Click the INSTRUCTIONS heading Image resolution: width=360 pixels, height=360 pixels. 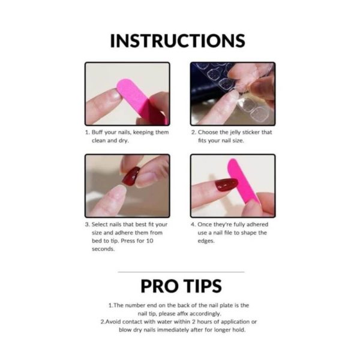click(178, 41)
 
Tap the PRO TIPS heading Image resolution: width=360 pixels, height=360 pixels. click(181, 286)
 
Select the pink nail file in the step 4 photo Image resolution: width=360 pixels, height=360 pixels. click(244, 181)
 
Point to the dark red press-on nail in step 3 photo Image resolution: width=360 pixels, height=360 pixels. click(131, 176)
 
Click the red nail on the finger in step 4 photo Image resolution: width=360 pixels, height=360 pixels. click(227, 185)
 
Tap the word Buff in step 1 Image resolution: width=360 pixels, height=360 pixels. click(97, 132)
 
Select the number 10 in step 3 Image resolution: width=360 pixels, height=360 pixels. click(149, 241)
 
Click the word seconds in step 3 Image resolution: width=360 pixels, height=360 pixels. click(103, 249)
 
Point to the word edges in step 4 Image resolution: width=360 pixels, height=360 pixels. click(206, 241)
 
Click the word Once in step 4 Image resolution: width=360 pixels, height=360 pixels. click(205, 224)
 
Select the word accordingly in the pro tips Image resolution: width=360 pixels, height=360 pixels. click(206, 314)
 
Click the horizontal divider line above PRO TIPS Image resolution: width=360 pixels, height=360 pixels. click(181, 272)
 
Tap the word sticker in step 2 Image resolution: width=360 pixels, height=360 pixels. click(251, 132)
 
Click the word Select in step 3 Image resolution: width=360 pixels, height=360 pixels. click(100, 224)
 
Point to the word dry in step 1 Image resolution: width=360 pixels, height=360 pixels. click(123, 141)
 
